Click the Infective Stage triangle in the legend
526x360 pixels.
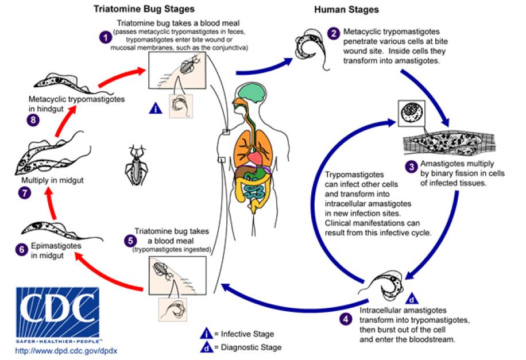tap(206, 334)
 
